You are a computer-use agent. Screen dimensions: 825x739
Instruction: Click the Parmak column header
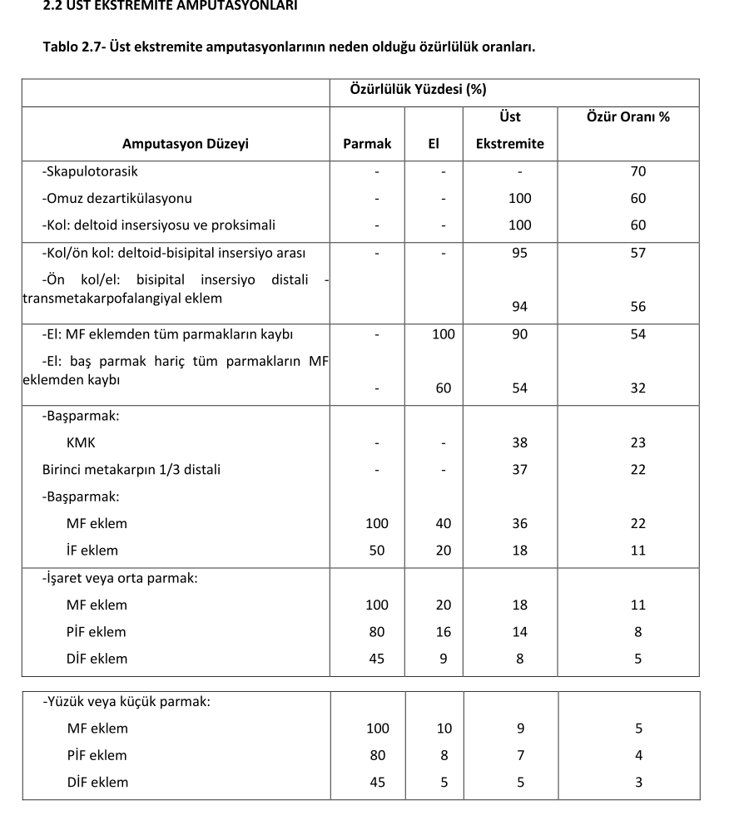[367, 143]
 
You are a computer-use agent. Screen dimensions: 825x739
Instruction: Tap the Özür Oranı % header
[628, 116]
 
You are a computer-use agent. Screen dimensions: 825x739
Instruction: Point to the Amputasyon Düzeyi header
[186, 143]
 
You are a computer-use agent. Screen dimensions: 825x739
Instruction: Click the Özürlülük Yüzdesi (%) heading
[418, 89]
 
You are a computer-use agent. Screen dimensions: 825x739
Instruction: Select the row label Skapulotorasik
[91, 171]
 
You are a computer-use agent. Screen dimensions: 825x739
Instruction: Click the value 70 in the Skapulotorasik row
[638, 171]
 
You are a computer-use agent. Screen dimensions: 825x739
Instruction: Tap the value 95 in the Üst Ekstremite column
[519, 253]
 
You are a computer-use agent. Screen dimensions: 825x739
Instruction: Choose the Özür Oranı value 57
[638, 253]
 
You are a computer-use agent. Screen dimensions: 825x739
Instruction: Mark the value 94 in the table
[519, 307]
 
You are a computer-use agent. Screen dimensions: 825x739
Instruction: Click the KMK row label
[81, 442]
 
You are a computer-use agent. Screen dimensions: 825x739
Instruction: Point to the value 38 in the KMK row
[519, 442]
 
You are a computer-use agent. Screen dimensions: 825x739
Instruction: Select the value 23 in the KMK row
[638, 442]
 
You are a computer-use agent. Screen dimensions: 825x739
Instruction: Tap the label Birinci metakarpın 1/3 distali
[131, 469]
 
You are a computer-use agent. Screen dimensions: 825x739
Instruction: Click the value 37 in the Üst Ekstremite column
[519, 469]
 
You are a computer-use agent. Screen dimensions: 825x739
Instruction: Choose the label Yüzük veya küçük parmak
[127, 701]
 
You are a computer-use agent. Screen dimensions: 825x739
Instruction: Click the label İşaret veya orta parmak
[121, 578]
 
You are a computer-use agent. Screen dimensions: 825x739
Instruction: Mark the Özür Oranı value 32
[638, 388]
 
